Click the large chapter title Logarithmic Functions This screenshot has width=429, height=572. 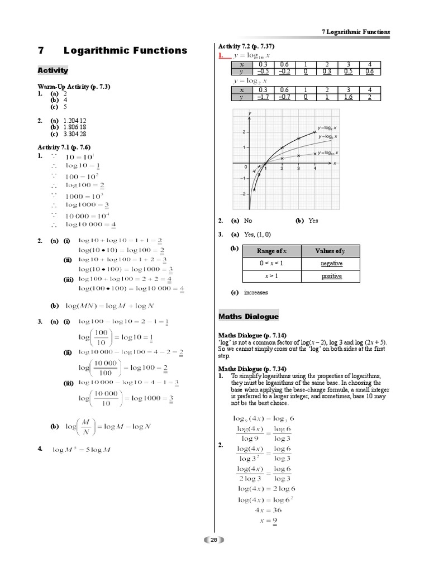(x=125, y=50)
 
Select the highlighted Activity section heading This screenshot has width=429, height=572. (x=53, y=70)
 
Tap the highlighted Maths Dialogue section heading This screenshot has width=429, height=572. (x=248, y=317)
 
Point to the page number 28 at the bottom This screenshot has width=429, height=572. (x=214, y=540)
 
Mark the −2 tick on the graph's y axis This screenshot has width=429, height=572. (x=243, y=194)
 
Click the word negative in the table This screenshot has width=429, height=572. (x=331, y=263)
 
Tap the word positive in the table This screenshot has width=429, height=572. (x=331, y=276)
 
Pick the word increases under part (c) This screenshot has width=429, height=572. (x=256, y=292)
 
